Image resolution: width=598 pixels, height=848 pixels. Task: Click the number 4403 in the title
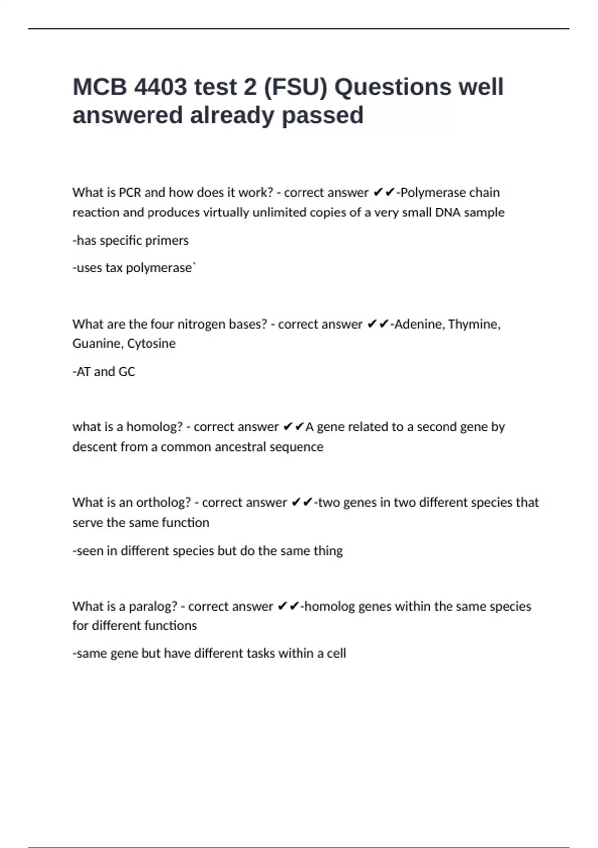[160, 87]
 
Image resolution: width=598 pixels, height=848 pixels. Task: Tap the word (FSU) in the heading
[295, 87]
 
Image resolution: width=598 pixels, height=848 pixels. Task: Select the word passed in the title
[322, 115]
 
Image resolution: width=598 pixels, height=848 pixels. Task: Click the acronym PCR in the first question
[130, 192]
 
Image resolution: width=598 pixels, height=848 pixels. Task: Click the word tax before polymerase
[114, 268]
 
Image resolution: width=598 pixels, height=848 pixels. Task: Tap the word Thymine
[474, 324]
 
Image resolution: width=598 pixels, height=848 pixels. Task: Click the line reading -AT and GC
[104, 372]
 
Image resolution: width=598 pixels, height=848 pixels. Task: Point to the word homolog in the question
[154, 427]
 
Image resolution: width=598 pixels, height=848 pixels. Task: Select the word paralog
[152, 606]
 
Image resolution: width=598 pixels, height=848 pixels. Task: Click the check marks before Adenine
[378, 324]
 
